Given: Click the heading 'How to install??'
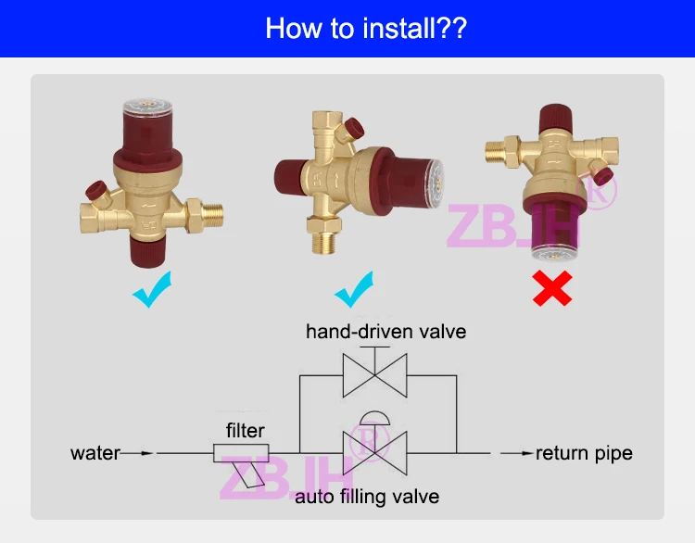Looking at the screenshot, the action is point(366,27).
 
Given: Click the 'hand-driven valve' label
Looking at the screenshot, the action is point(385,331).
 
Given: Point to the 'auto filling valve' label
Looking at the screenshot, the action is point(367,498).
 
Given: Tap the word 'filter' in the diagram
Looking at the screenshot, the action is point(245,430).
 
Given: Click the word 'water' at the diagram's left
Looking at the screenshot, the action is point(95,453).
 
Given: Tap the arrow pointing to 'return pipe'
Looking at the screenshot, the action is point(517,453).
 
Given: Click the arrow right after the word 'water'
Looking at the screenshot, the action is point(138,453).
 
